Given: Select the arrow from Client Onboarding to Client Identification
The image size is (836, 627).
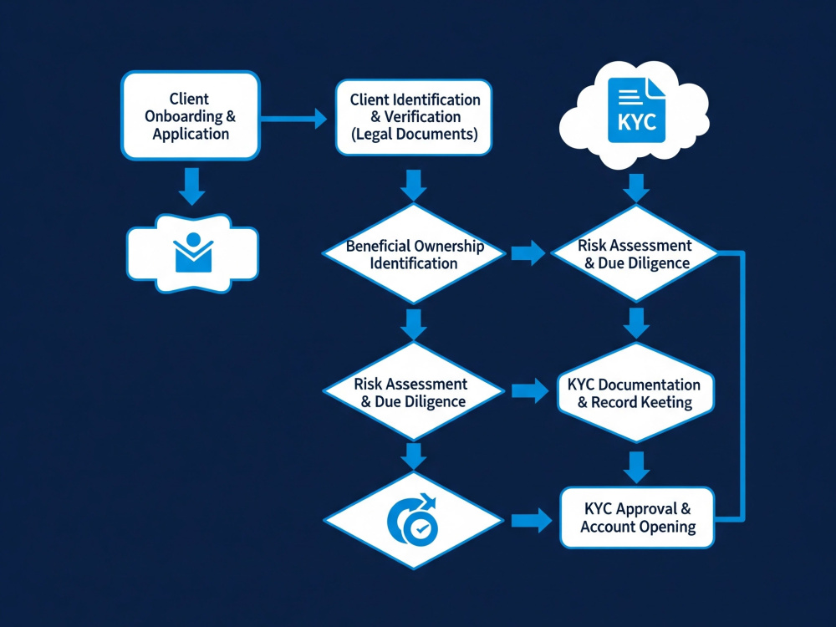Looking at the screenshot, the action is [x=293, y=119].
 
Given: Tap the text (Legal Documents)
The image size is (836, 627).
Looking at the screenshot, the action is [x=414, y=134].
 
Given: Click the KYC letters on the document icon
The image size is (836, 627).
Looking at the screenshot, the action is [x=636, y=122].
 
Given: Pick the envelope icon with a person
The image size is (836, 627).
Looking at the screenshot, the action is [x=193, y=252].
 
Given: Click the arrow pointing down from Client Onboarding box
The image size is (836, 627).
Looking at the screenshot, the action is [x=192, y=186].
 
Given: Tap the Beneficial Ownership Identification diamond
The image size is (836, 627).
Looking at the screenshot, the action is [x=414, y=254].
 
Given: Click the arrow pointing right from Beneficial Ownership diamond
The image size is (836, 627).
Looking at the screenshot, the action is [x=528, y=252].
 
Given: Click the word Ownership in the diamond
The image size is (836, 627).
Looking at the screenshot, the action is [x=449, y=246].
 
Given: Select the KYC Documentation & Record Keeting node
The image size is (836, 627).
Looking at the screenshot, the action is [x=635, y=393].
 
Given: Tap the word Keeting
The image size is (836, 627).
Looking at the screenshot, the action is [x=666, y=402].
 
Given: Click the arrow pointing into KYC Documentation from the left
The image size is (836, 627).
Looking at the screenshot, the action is [x=530, y=391].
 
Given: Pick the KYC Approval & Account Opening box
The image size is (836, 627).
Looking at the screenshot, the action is [x=637, y=517].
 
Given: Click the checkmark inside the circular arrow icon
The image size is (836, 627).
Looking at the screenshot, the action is [x=422, y=529].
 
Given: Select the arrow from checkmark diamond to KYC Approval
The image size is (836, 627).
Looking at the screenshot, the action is [x=532, y=520].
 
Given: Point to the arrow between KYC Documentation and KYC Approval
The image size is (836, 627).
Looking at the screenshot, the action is [x=636, y=467].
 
